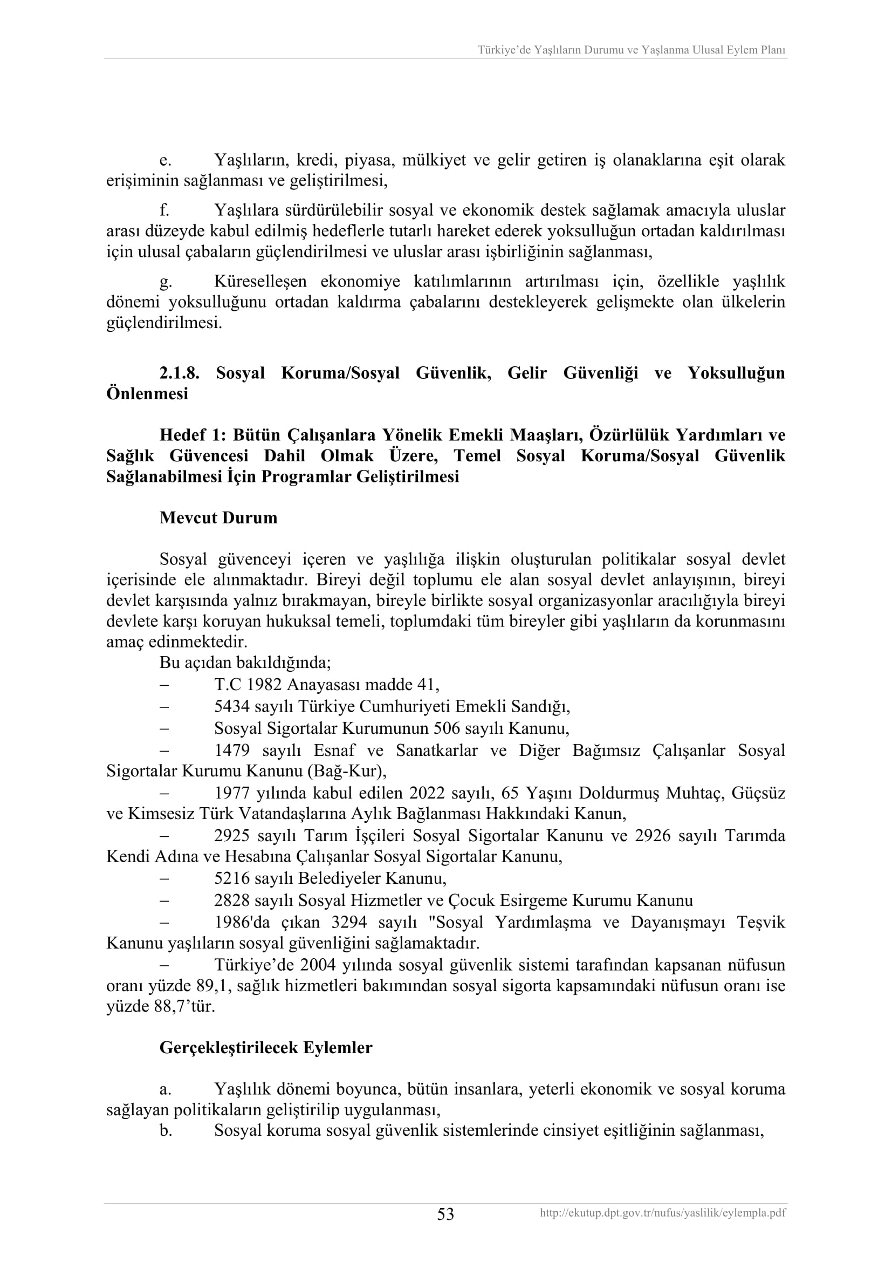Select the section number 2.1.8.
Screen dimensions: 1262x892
click(x=179, y=373)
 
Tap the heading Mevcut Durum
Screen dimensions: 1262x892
click(x=218, y=518)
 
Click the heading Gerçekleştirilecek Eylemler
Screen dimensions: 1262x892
click(x=266, y=1048)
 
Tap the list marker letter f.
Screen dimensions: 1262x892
click(x=164, y=210)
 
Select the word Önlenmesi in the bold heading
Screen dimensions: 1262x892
click(x=147, y=394)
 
